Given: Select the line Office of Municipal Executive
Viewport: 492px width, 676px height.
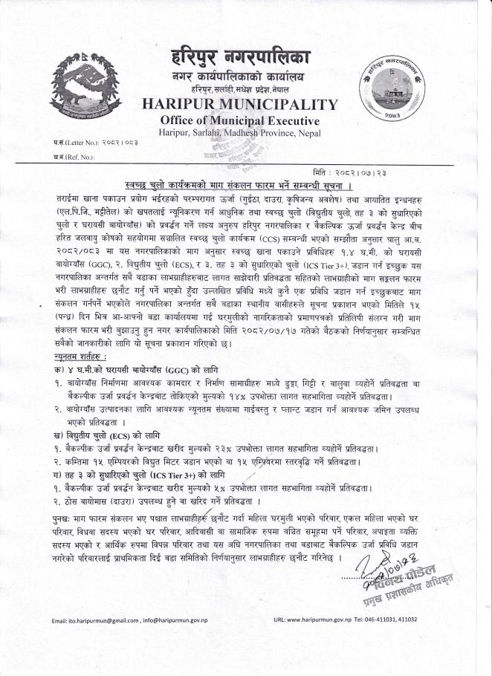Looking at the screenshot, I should [239, 120].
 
